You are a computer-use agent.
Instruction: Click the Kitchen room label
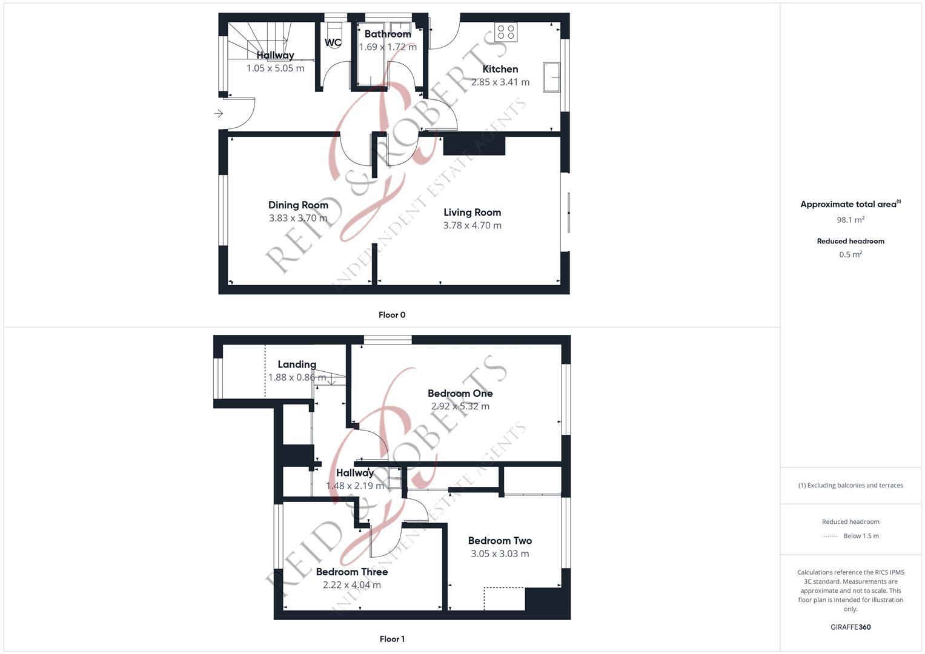(x=500, y=69)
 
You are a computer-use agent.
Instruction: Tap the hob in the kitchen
(x=506, y=31)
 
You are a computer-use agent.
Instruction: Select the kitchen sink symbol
(x=551, y=77)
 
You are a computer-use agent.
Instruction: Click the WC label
(x=333, y=42)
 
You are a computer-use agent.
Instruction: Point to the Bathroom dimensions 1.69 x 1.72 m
(x=388, y=47)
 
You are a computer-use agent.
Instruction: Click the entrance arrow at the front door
(x=219, y=113)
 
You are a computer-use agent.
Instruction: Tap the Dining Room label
(x=298, y=205)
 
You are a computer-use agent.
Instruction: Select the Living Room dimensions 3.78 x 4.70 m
(x=472, y=225)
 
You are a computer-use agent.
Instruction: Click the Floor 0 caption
(x=392, y=315)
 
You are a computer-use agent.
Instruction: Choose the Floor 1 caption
(x=392, y=639)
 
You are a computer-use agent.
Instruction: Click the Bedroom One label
(x=460, y=393)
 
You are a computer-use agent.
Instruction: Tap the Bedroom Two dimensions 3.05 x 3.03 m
(x=500, y=553)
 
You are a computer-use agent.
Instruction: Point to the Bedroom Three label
(x=352, y=572)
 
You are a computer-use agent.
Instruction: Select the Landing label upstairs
(x=297, y=364)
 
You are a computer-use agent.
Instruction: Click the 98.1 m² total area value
(x=850, y=220)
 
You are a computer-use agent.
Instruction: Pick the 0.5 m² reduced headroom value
(x=850, y=254)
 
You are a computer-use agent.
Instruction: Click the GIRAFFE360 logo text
(x=850, y=627)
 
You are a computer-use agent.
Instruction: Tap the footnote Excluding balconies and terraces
(x=850, y=485)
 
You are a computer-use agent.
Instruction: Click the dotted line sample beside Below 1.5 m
(x=831, y=536)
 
